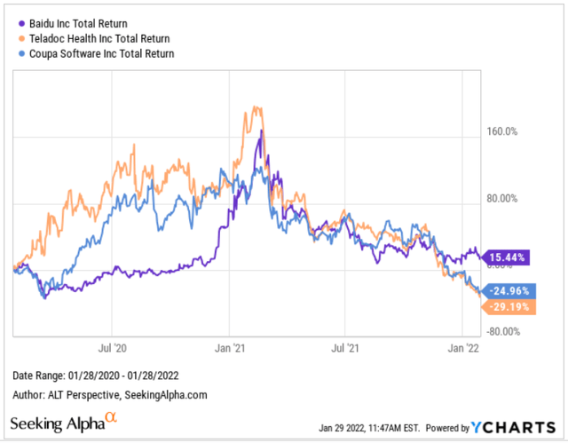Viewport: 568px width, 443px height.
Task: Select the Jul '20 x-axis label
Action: [x=111, y=349]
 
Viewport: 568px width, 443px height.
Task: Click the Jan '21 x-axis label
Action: [x=231, y=349]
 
